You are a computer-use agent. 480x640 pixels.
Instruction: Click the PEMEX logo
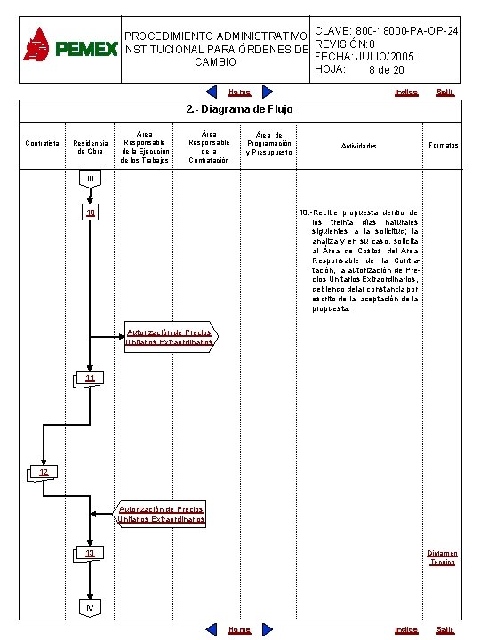69,46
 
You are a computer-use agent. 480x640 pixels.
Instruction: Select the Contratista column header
43,143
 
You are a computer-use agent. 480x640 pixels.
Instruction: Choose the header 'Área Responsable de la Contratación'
209,147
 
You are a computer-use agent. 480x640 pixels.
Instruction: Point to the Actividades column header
359,146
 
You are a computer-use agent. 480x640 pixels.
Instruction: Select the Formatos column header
443,144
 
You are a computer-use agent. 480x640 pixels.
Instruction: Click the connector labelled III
90,180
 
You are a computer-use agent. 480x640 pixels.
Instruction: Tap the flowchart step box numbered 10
90,213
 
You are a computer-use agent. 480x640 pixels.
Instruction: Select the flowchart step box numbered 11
90,379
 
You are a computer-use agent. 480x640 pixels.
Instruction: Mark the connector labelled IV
90,607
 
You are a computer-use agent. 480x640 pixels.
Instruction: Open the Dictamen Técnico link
442,557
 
